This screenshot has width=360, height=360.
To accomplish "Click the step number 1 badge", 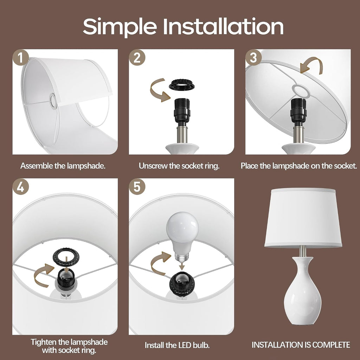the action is tap(21, 58).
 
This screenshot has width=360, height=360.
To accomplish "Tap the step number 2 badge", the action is tap(137, 58).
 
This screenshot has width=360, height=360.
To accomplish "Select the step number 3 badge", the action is tap(253, 58).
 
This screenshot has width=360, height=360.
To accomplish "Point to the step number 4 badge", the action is tap(21, 187).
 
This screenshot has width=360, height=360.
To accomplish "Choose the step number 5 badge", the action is tap(137, 187).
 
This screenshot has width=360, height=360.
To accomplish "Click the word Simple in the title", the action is tap(120, 27).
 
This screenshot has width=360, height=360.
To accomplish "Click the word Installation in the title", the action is tap(223, 26).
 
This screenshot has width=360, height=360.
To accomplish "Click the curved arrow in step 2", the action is tap(155, 91).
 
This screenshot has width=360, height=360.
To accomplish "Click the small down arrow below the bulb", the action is tap(182, 266).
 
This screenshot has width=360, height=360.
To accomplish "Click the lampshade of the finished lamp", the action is tap(303, 218).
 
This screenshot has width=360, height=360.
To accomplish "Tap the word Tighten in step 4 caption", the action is tap(44, 342).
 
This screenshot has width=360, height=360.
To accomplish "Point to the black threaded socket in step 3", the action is tap(298, 111).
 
